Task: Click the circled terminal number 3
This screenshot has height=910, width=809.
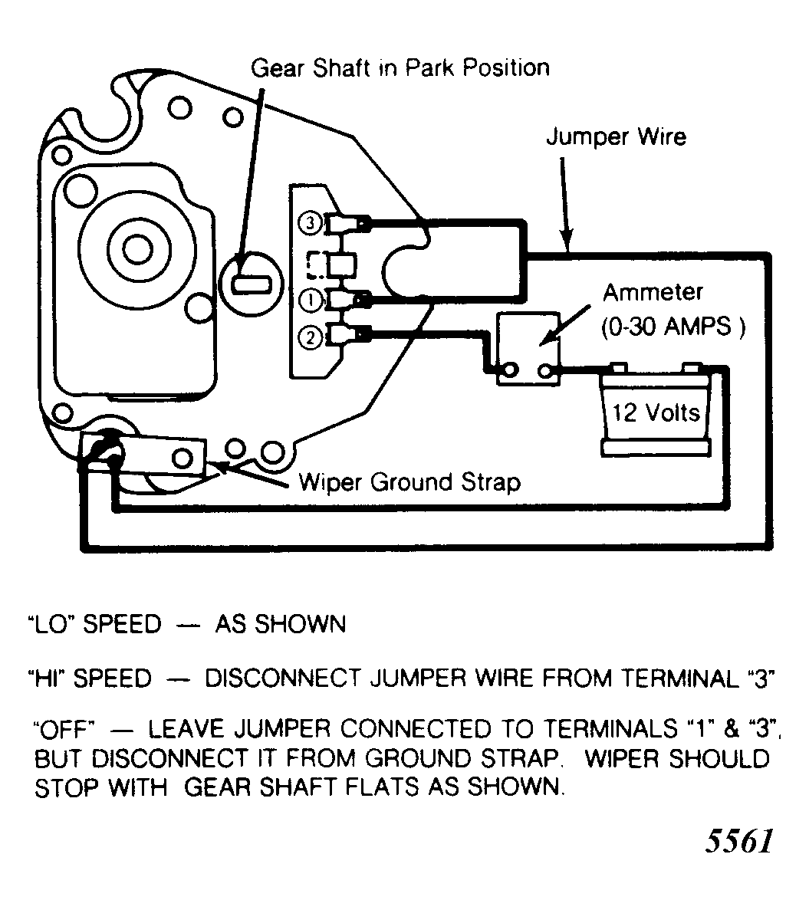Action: (x=310, y=223)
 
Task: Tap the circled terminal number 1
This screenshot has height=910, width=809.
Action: (x=311, y=301)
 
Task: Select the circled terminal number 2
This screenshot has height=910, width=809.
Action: (x=310, y=337)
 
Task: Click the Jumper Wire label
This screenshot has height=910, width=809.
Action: (x=616, y=137)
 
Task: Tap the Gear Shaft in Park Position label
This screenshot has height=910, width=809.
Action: (x=400, y=68)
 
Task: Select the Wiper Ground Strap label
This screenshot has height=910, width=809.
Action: (x=409, y=483)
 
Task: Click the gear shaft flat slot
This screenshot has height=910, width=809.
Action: (x=251, y=284)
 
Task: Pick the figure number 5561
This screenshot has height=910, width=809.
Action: (x=739, y=841)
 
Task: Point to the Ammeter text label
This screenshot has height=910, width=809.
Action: (x=653, y=292)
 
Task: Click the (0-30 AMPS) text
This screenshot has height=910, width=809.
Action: (x=673, y=327)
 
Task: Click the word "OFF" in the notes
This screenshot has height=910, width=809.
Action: (x=64, y=728)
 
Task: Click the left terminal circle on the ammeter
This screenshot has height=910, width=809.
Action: (x=511, y=370)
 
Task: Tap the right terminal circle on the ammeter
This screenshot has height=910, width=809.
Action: (x=545, y=370)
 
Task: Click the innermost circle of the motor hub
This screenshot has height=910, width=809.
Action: (x=137, y=248)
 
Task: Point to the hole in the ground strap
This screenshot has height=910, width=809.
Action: (x=183, y=458)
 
